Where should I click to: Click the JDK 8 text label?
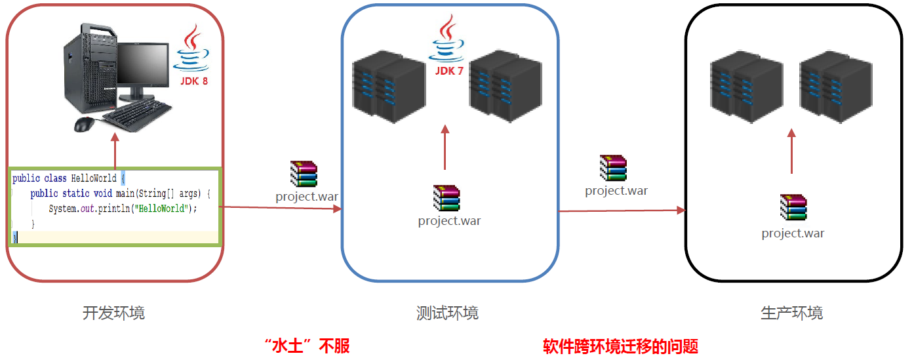pyautogui.click(x=194, y=81)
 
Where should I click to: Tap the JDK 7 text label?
pyautogui.click(x=449, y=71)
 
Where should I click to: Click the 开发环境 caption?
pyautogui.click(x=113, y=313)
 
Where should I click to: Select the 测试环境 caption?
pyautogui.click(x=447, y=313)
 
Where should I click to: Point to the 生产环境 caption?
pyautogui.click(x=791, y=313)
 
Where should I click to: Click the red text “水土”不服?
pyautogui.click(x=306, y=346)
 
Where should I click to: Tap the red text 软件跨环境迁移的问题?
pyautogui.click(x=620, y=346)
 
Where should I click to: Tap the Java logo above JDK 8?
pyautogui.click(x=191, y=49)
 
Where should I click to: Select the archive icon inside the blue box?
pyautogui.click(x=447, y=198)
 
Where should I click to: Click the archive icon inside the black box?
pyautogui.click(x=793, y=207)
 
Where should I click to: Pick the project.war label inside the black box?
pyautogui.click(x=793, y=233)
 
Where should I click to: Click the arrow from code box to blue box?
pyautogui.click(x=282, y=208)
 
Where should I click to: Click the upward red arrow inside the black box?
pyautogui.click(x=791, y=151)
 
